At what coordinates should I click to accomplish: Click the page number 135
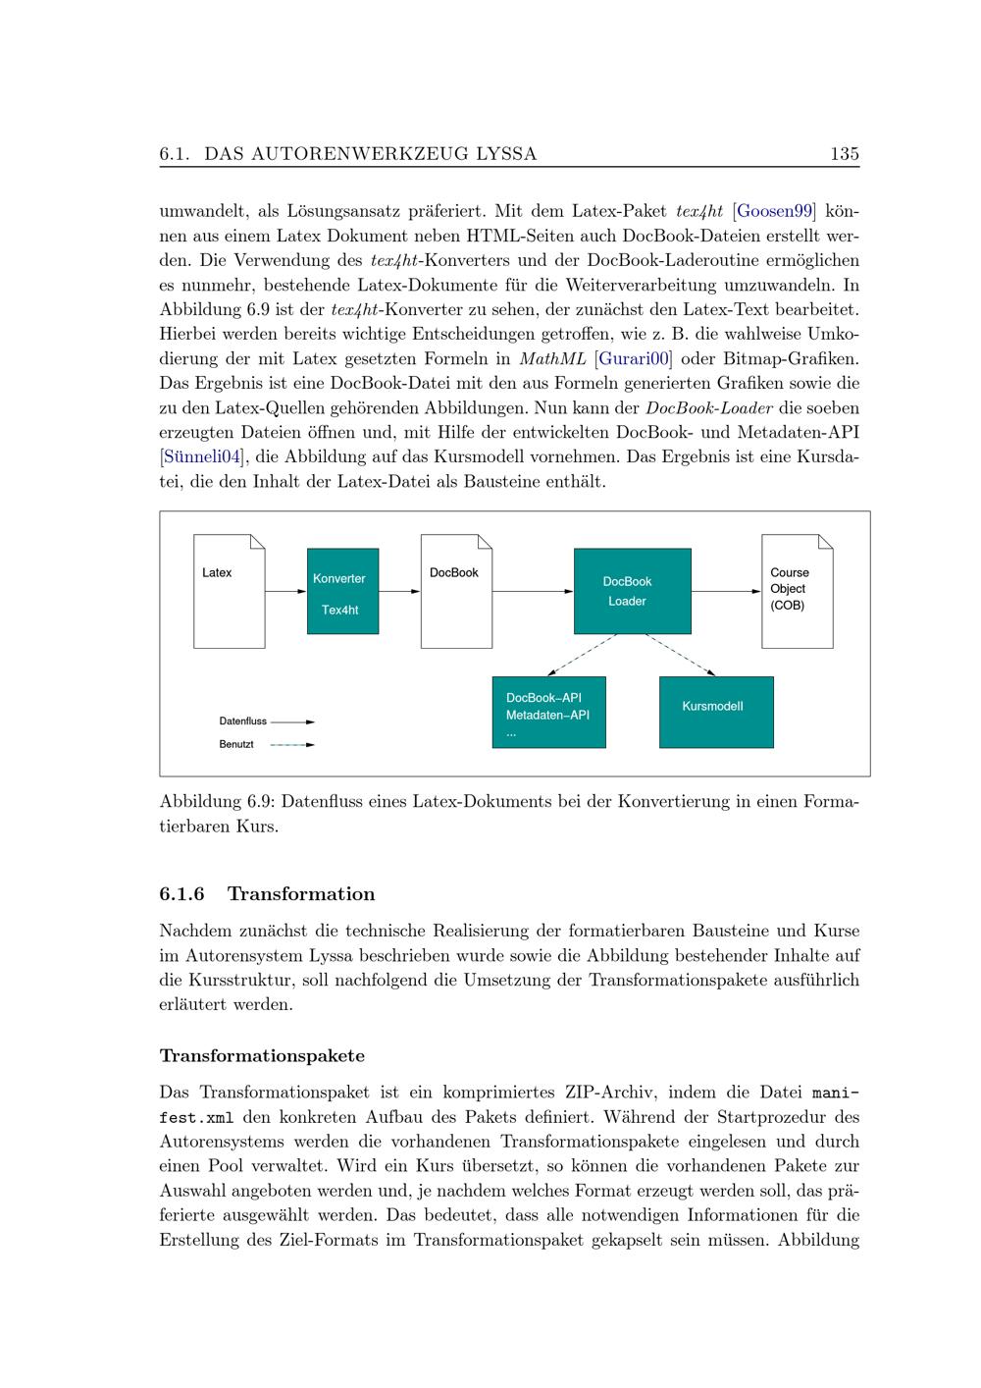(x=844, y=154)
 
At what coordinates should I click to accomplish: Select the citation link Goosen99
(x=775, y=211)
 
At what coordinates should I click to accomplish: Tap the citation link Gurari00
(x=634, y=358)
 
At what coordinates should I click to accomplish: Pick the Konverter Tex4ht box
(x=342, y=591)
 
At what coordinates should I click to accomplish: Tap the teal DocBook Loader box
(x=632, y=591)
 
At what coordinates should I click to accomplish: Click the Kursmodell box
(x=715, y=711)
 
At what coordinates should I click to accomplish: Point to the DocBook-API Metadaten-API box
(x=548, y=713)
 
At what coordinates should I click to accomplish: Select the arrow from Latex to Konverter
(x=285, y=592)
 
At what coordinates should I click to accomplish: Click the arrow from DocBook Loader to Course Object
(x=726, y=592)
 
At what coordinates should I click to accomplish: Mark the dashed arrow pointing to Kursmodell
(x=680, y=655)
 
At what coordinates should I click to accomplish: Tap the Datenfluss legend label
(x=242, y=721)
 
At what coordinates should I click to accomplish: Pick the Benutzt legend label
(x=236, y=745)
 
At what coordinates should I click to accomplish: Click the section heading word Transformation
(x=301, y=894)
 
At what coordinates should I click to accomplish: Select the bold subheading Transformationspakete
(x=262, y=1056)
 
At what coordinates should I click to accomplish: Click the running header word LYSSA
(x=505, y=154)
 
